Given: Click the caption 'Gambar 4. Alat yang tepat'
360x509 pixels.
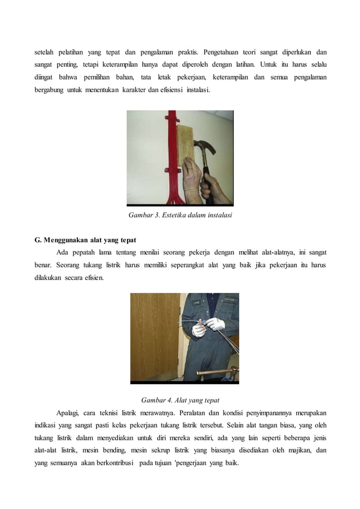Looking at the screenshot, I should pos(180,400).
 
